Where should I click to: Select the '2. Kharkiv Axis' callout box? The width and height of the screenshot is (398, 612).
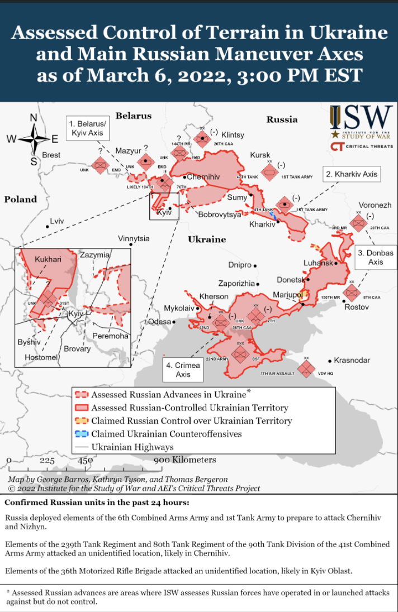[352, 174]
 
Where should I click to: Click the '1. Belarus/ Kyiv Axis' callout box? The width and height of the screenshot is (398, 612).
[87, 128]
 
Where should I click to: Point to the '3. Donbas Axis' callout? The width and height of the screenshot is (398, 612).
[375, 257]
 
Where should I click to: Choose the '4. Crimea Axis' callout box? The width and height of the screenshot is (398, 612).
[183, 370]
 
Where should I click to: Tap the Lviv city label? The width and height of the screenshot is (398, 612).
[56, 222]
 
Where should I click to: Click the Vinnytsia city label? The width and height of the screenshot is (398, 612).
[134, 238]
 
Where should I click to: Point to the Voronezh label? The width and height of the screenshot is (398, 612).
[375, 205]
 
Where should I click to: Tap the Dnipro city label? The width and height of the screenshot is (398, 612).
[240, 265]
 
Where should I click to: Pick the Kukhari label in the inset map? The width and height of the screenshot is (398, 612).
[48, 260]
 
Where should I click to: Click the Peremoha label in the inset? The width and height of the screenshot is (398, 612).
[110, 336]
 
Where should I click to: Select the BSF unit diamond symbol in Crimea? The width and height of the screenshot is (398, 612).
[241, 353]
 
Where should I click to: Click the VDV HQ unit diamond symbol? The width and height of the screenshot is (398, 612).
[306, 369]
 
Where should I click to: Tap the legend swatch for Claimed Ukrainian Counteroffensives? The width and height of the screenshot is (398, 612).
[82, 433]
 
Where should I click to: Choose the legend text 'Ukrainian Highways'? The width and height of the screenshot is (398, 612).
[132, 447]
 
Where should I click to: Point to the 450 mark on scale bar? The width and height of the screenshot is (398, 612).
[85, 460]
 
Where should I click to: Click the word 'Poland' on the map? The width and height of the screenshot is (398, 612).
[21, 199]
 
